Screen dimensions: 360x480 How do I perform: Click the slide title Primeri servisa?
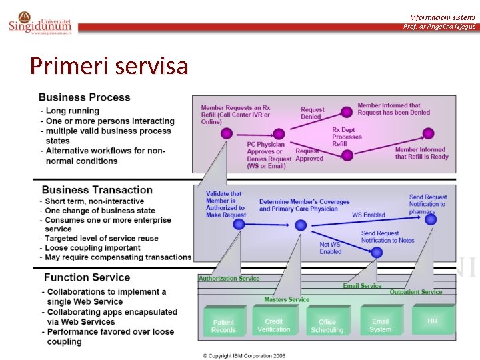click(109, 66)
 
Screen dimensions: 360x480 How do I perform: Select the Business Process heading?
click(85, 97)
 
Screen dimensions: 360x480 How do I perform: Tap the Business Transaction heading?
click(97, 190)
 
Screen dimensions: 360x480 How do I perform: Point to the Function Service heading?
click(87, 277)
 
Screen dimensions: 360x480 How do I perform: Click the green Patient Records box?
click(223, 326)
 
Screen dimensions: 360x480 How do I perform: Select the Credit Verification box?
click(273, 325)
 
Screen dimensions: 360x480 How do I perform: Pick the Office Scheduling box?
click(327, 326)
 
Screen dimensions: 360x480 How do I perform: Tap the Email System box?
click(380, 325)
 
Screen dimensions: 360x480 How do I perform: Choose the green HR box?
click(433, 321)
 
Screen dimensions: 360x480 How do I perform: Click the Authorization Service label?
click(229, 279)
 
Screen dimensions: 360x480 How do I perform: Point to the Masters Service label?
click(287, 299)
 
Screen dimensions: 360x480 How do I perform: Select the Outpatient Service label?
click(415, 292)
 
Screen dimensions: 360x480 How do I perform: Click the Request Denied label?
click(312, 113)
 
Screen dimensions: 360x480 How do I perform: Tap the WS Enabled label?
click(369, 215)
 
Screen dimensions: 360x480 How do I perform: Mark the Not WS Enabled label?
click(330, 248)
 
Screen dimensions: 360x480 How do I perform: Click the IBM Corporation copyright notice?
click(244, 355)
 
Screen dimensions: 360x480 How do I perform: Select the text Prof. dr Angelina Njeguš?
click(439, 27)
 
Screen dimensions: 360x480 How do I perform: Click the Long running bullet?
click(73, 111)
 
